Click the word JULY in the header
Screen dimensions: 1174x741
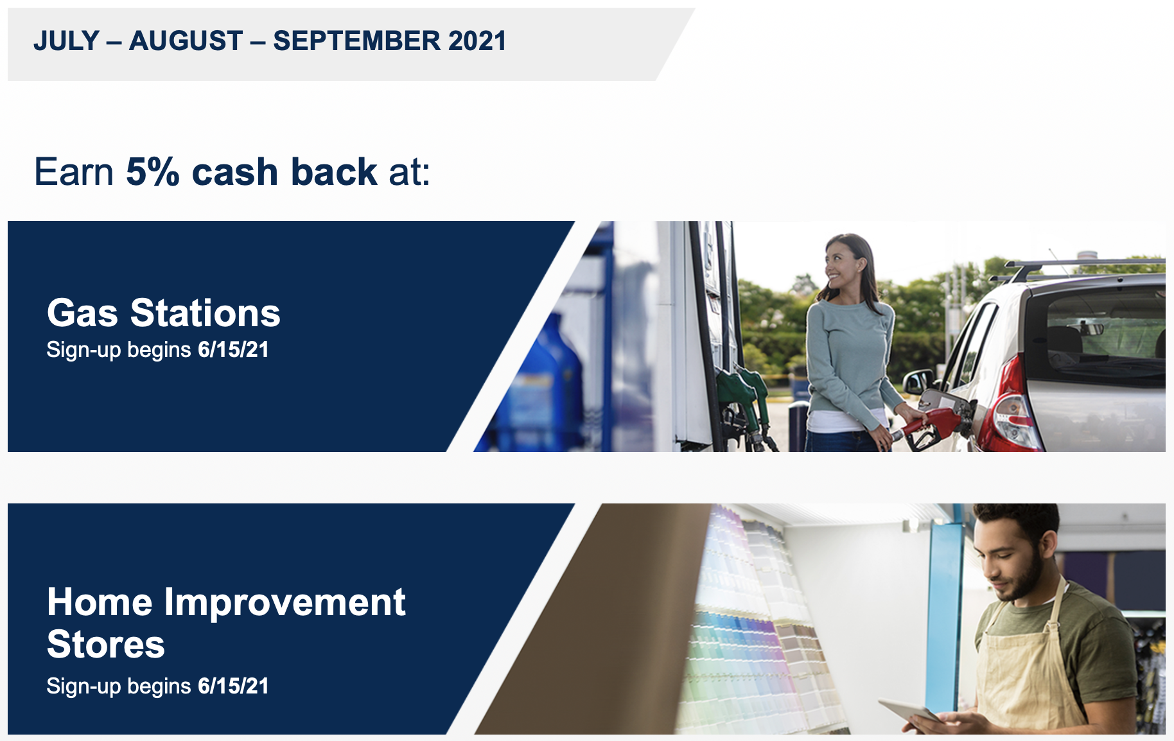pos(66,41)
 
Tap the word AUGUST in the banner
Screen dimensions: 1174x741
pos(186,41)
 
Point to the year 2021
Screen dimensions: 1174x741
pos(478,41)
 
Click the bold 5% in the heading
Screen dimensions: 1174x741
pos(153,172)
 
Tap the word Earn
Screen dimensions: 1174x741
pos(74,172)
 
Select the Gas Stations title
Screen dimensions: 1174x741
pos(164,313)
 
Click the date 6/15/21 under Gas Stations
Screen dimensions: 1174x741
pos(233,350)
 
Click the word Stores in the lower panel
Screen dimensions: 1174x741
pos(106,644)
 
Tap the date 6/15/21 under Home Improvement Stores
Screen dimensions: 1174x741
pos(233,686)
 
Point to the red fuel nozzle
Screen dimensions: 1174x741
pos(927,425)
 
